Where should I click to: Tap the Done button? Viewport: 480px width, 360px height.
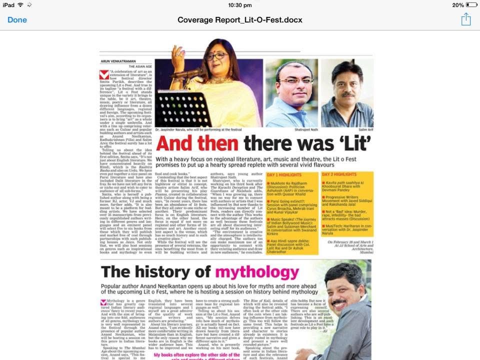[17, 20]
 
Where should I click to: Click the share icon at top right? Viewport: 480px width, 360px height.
[465, 19]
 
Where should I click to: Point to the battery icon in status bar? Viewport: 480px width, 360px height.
[471, 5]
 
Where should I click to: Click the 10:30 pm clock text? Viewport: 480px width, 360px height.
[240, 5]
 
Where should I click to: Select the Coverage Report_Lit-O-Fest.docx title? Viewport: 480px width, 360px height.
[240, 20]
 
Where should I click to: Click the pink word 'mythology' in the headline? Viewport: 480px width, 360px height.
[257, 272]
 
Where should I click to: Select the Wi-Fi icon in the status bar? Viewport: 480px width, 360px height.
[20, 5]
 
